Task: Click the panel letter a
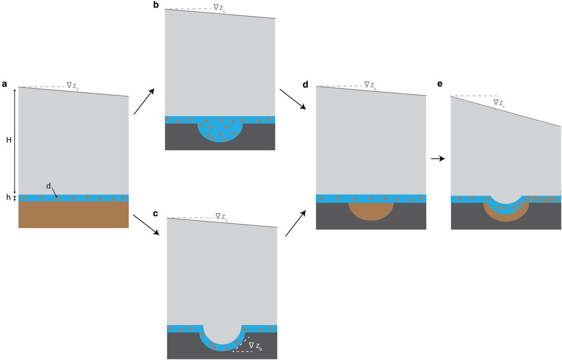(5, 85)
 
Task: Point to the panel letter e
(440, 85)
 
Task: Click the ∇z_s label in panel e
(499, 103)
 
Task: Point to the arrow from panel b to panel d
(292, 99)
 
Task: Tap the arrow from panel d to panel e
(437, 159)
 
